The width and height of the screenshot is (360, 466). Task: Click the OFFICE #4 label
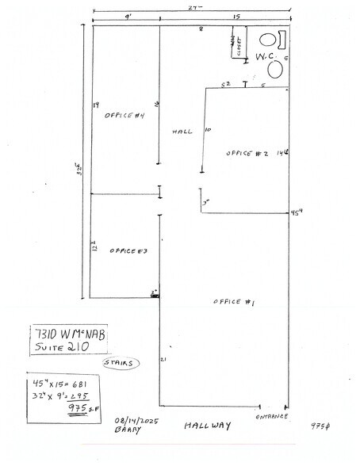pyautogui.click(x=123, y=115)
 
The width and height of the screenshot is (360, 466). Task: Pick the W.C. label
pyautogui.click(x=263, y=57)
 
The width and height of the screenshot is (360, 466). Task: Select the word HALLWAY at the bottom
pyautogui.click(x=207, y=426)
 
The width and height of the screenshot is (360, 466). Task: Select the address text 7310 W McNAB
pyautogui.click(x=70, y=333)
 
